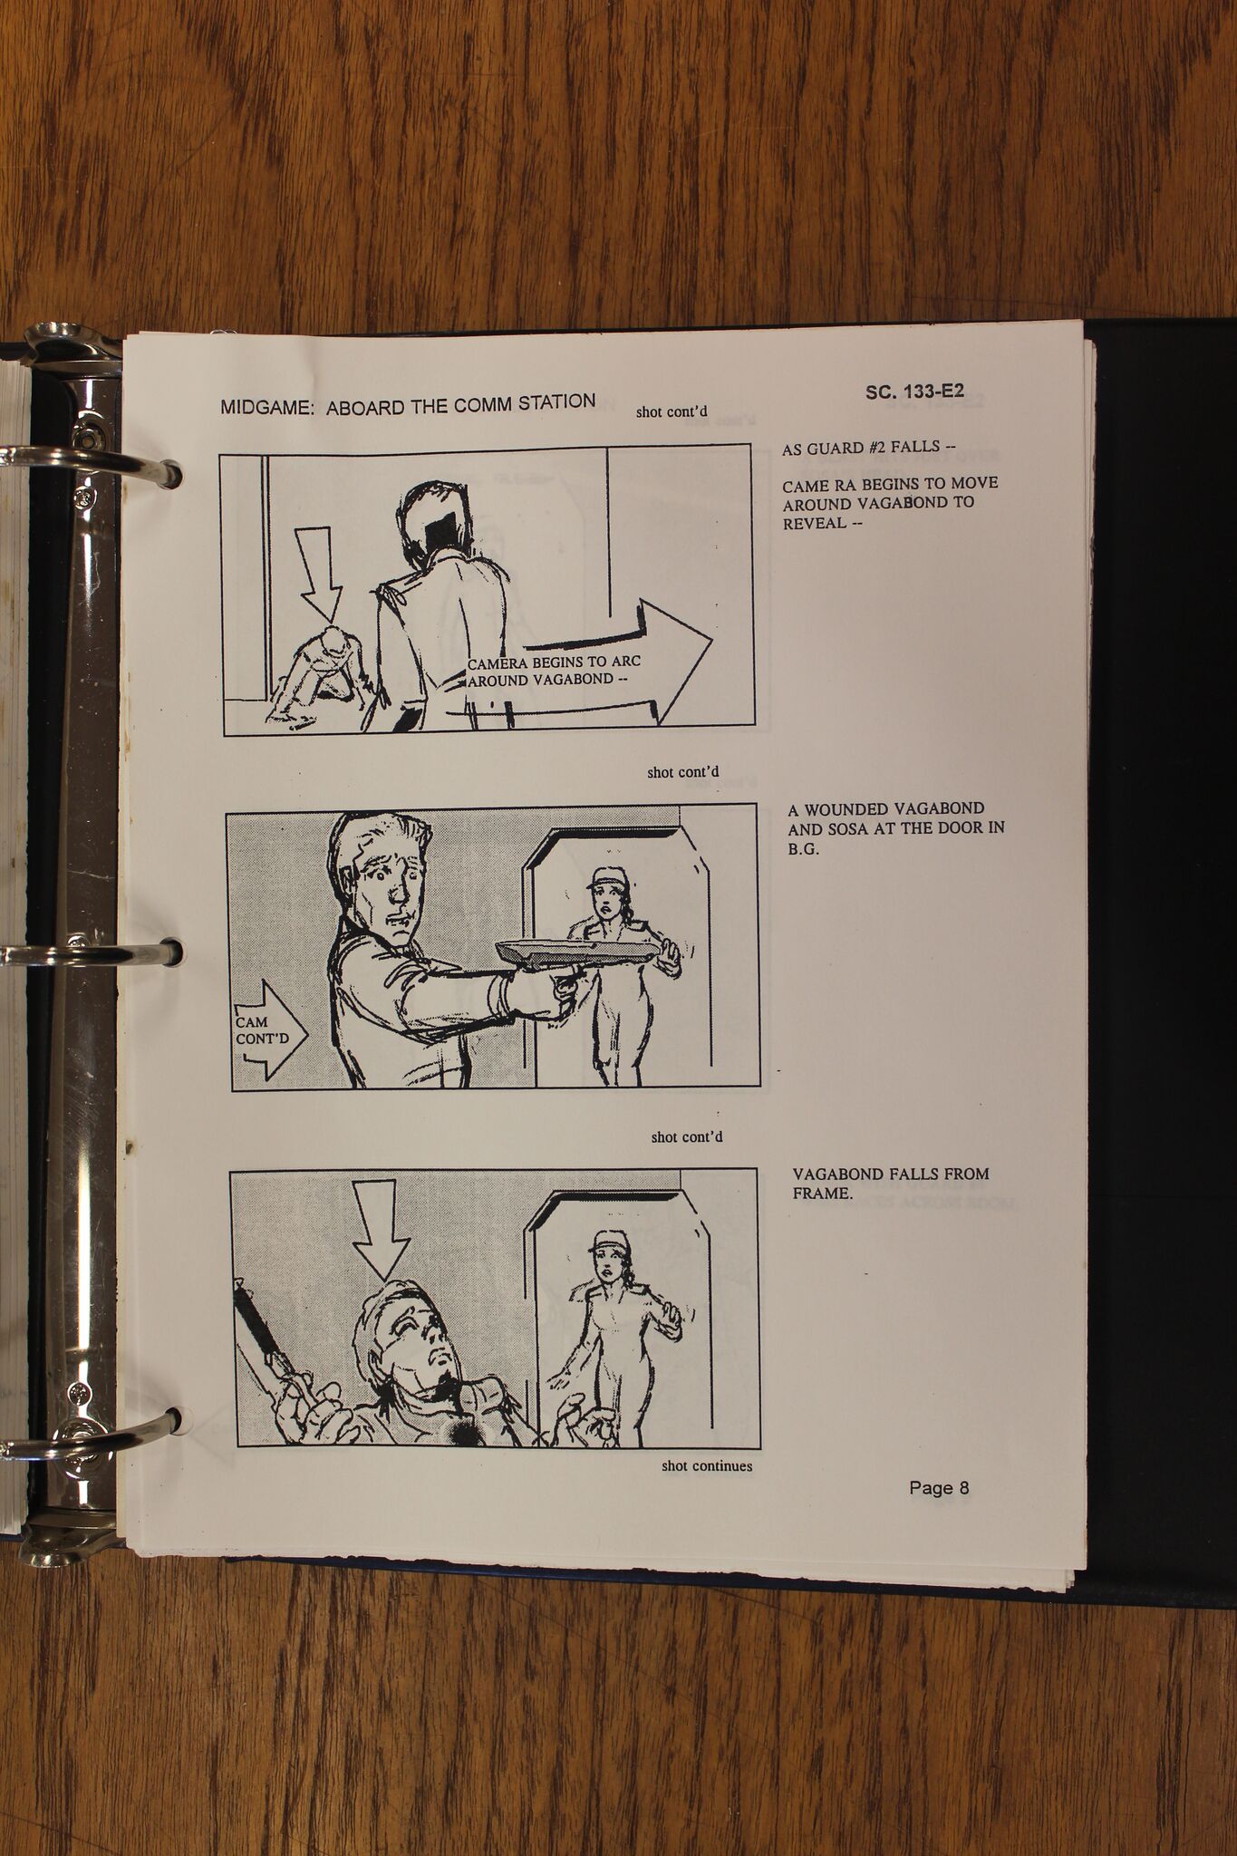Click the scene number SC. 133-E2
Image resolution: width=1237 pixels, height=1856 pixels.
point(914,392)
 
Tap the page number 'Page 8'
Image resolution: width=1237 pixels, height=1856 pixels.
point(939,1487)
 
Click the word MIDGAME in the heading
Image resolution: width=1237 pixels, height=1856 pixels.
point(268,407)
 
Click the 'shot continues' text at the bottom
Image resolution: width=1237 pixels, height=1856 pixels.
point(707,1465)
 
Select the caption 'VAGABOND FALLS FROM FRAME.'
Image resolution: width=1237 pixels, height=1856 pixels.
point(891,1184)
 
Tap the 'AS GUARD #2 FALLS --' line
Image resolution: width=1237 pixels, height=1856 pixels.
point(869,448)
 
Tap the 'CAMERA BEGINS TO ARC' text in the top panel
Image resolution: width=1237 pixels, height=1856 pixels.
point(554,662)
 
